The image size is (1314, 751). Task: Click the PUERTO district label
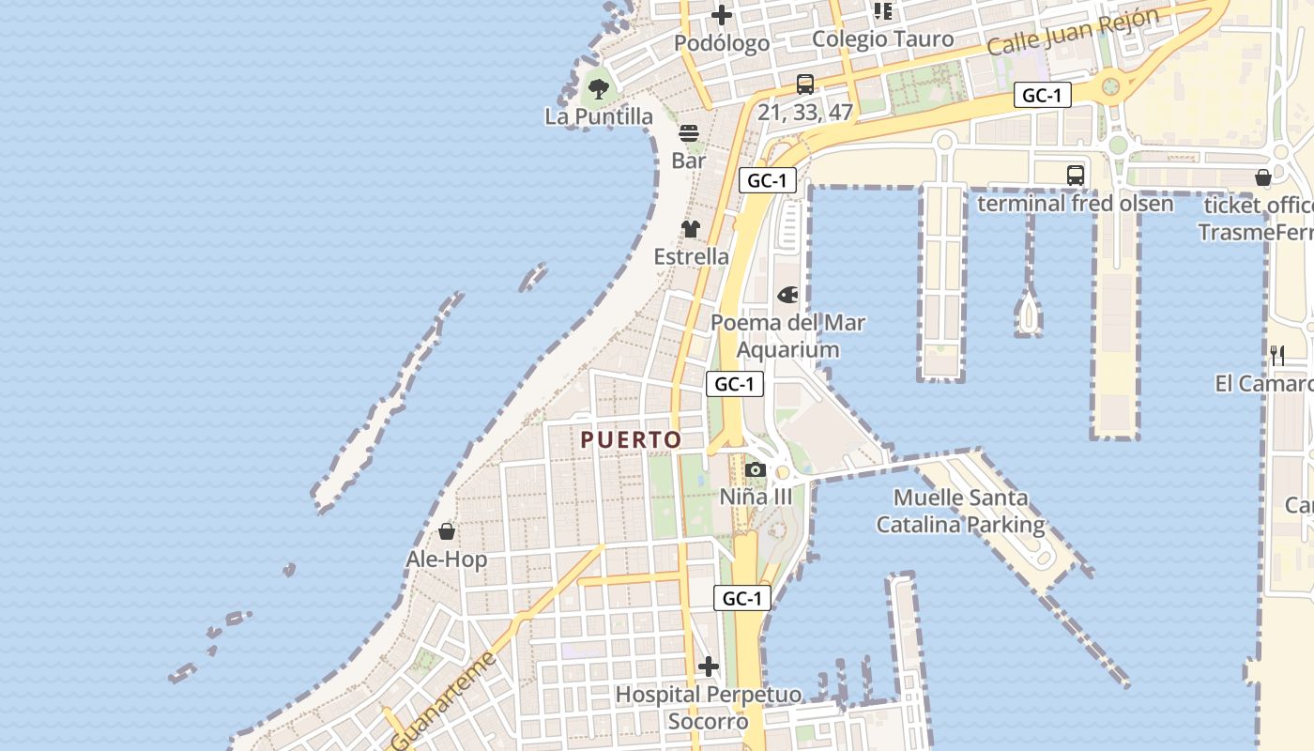[x=631, y=439]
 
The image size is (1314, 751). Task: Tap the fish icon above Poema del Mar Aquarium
[x=787, y=295]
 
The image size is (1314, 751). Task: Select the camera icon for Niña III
[x=756, y=469]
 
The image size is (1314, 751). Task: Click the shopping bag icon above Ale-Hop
[x=447, y=532]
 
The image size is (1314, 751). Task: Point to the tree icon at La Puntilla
[x=598, y=90]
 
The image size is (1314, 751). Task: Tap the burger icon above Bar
[x=689, y=133]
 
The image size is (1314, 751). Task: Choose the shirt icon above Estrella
[x=691, y=229]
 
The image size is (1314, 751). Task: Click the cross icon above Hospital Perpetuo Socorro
[x=709, y=667]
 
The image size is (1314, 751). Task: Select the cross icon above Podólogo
[x=722, y=15]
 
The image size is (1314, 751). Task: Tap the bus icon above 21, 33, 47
[x=805, y=84]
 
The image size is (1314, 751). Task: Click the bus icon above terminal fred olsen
[x=1076, y=175]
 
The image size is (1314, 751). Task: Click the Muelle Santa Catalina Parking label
[x=960, y=511]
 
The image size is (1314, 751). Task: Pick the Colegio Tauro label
[x=882, y=39]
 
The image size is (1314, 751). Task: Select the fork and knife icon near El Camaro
[x=1277, y=355]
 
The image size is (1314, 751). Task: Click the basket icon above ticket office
[x=1263, y=177]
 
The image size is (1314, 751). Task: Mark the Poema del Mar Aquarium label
[x=787, y=336]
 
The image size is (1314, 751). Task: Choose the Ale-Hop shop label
[x=447, y=559]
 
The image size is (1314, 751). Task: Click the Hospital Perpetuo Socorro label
[x=709, y=708]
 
